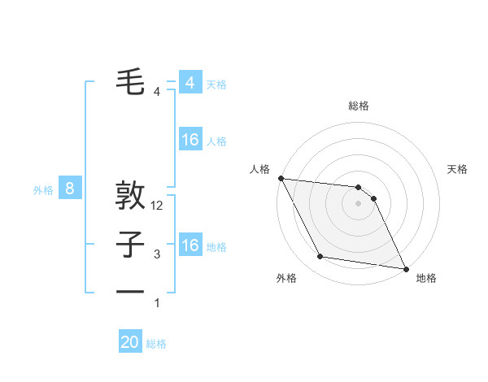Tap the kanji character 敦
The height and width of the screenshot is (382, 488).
click(130, 196)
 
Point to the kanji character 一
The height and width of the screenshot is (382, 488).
click(130, 291)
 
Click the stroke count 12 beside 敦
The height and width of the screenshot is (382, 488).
click(157, 206)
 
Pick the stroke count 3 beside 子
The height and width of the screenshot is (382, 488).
click(157, 254)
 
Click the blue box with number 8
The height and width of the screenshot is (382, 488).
click(70, 189)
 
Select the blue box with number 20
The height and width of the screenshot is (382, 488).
click(130, 342)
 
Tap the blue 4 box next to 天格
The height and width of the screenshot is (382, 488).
click(190, 83)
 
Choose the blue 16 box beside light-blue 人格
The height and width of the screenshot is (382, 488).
click(190, 140)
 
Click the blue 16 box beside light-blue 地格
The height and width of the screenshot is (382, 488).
click(190, 245)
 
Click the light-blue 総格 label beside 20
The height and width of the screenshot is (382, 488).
click(156, 344)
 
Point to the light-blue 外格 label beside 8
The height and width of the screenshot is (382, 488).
click(43, 190)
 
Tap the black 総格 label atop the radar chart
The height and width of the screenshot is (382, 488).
click(359, 106)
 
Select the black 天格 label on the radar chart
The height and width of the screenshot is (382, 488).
click(458, 169)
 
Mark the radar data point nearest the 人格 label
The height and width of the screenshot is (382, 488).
click(281, 178)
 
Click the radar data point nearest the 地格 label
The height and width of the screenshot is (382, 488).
click(404, 268)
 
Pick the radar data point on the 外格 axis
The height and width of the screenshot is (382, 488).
click(320, 257)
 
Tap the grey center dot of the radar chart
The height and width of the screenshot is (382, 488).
click(359, 203)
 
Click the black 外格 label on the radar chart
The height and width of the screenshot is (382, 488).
click(286, 278)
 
